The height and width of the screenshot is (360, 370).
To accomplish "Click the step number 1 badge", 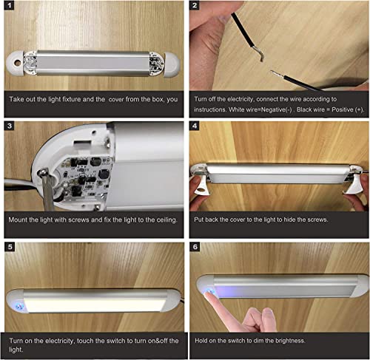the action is (9, 5).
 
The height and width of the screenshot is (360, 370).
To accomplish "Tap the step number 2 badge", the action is (195, 5).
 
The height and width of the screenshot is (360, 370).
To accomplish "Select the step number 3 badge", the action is (9, 126).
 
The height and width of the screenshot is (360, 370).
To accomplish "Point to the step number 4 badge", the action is (195, 126).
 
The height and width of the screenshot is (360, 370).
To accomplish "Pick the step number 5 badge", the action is (10, 247).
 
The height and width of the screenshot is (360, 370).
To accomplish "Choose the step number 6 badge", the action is (195, 247).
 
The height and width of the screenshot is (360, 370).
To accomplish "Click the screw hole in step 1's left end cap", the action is (17, 63).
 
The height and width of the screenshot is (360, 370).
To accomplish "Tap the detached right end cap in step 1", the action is (172, 64).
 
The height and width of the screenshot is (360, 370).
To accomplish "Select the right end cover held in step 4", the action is (353, 185).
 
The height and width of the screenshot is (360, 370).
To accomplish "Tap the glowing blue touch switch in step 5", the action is (19, 306).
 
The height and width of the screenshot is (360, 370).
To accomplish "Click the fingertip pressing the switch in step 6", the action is (209, 293).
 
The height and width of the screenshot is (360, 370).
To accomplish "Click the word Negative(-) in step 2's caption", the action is (277, 109).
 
